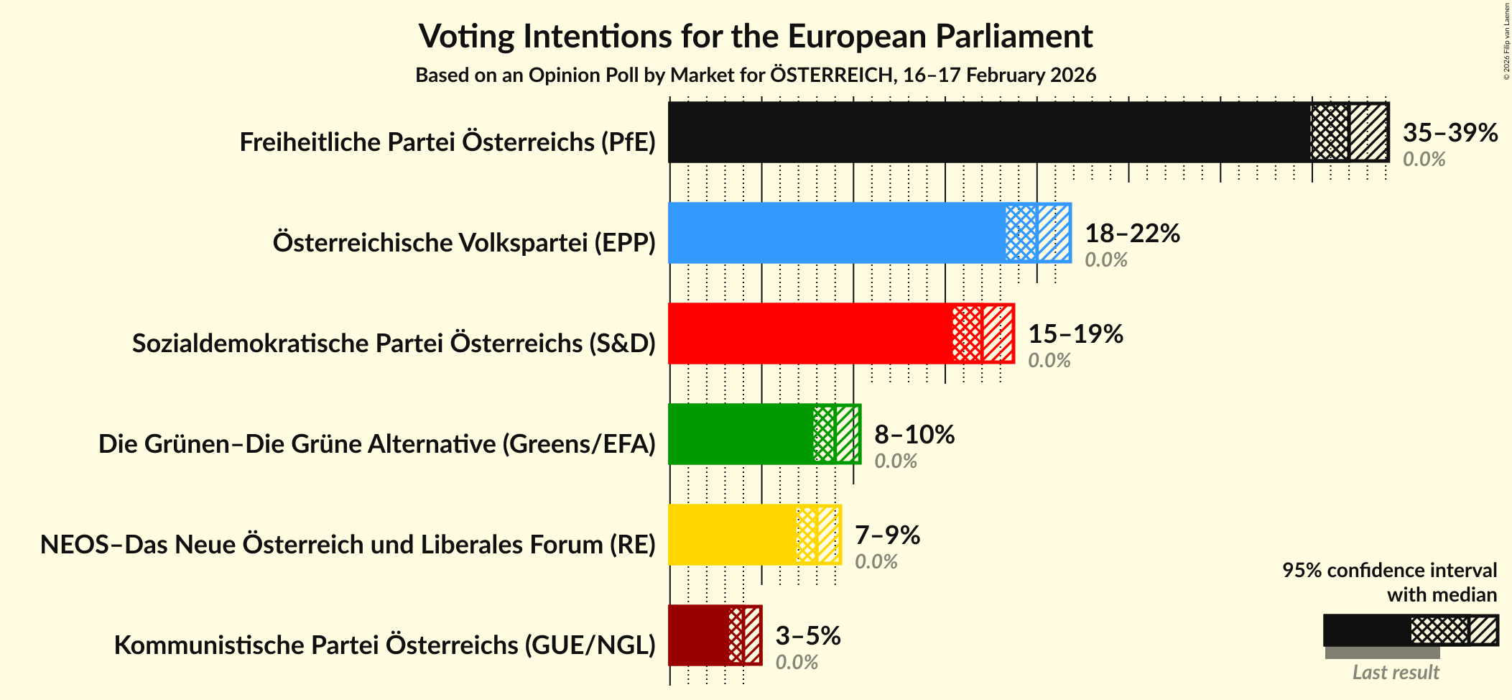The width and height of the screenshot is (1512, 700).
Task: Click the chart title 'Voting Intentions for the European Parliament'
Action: (x=756, y=36)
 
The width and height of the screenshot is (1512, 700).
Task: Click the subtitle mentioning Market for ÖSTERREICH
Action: (x=756, y=75)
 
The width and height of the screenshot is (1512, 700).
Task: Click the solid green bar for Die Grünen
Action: (x=741, y=434)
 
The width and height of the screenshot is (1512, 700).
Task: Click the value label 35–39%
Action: (x=1450, y=133)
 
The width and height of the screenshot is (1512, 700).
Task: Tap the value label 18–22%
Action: (x=1132, y=234)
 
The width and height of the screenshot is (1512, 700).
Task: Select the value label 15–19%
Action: (x=1075, y=334)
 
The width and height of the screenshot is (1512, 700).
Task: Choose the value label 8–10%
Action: (x=914, y=435)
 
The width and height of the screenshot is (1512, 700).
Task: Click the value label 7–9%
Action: (x=887, y=535)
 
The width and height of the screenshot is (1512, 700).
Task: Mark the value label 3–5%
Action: (x=807, y=636)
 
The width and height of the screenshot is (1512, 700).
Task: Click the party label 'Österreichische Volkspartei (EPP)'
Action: (x=464, y=243)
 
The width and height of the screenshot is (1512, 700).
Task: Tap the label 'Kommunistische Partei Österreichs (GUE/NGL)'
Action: (x=384, y=645)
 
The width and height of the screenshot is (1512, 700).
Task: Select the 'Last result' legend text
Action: (x=1395, y=673)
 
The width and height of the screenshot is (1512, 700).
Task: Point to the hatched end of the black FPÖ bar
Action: (x=1368, y=132)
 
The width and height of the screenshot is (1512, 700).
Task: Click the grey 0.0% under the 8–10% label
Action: (x=895, y=461)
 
